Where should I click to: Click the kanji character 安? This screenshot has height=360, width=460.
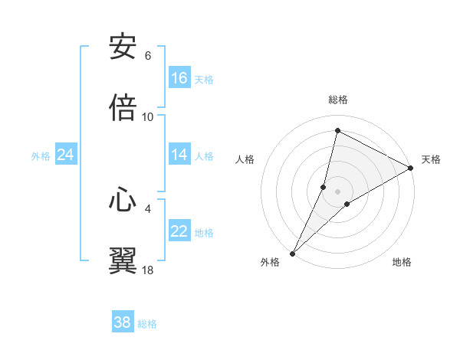click(x=123, y=48)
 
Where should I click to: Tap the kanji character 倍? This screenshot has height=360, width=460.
click(x=123, y=108)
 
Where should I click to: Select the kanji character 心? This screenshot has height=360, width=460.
click(x=123, y=200)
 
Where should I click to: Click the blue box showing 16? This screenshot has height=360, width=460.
click(x=179, y=78)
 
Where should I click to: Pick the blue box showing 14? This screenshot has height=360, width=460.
click(x=179, y=155)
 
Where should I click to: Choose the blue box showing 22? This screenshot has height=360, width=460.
click(x=179, y=231)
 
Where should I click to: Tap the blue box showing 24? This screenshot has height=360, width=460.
click(x=66, y=155)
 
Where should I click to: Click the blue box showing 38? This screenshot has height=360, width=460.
click(x=123, y=322)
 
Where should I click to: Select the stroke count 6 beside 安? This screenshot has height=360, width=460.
click(x=148, y=56)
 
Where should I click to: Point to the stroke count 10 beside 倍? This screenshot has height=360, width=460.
click(x=148, y=116)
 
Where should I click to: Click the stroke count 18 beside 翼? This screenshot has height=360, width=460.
click(x=148, y=270)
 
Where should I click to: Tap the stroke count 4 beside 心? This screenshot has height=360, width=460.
click(x=148, y=208)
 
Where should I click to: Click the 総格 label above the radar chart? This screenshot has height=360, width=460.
click(x=338, y=100)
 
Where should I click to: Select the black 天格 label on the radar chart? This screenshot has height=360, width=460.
click(x=431, y=159)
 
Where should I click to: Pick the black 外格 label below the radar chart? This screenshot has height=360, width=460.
click(x=270, y=262)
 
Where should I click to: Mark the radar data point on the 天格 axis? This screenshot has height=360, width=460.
click(x=411, y=168)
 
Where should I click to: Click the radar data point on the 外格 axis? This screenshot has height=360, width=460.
click(x=292, y=253)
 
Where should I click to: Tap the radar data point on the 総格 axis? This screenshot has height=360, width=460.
click(x=337, y=130)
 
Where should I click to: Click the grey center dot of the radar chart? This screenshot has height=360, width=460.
click(x=338, y=191)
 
